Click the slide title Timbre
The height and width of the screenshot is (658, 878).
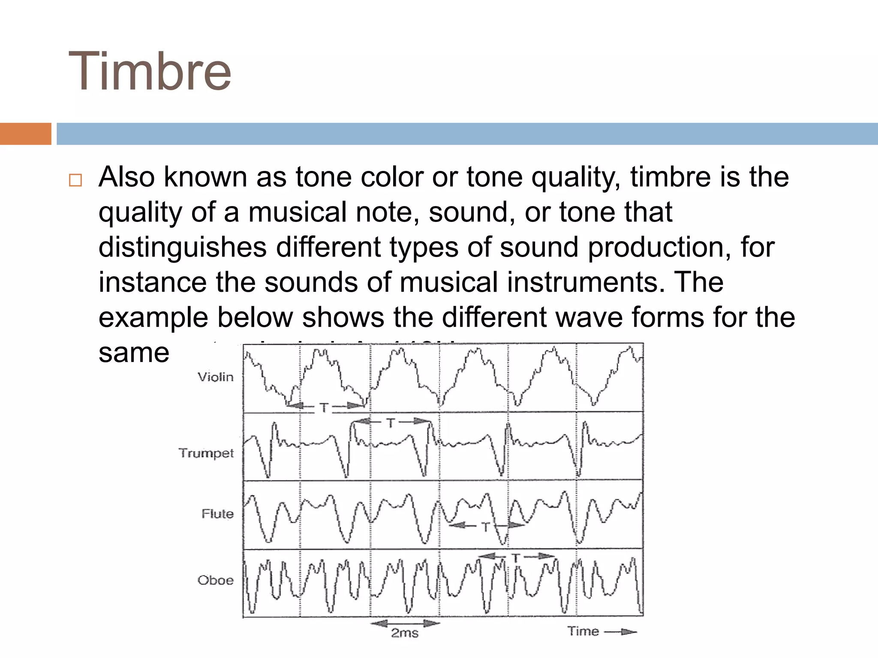coord(150,71)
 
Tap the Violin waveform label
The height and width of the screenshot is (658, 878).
coord(216,377)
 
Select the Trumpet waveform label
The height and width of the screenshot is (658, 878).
coord(206,453)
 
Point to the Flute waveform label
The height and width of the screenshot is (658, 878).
coord(218,514)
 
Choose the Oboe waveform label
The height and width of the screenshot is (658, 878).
coord(216,580)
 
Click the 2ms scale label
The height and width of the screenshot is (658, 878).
coord(405,633)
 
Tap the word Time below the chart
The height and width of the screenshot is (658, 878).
coord(583,631)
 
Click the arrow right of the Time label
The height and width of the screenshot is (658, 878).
coord(622,632)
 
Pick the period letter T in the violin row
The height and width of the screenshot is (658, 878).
coord(324,407)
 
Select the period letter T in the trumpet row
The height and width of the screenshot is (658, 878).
coord(391,423)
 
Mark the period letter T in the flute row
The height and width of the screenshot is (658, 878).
coord(486,527)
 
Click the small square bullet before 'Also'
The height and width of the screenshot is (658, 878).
coord(75,180)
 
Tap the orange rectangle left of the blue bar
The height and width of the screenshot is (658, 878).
coord(25,134)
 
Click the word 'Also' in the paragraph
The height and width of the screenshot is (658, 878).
coord(126,177)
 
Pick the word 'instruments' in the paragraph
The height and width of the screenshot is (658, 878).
coord(582,282)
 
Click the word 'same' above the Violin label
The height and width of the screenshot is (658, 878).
coord(134,353)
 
